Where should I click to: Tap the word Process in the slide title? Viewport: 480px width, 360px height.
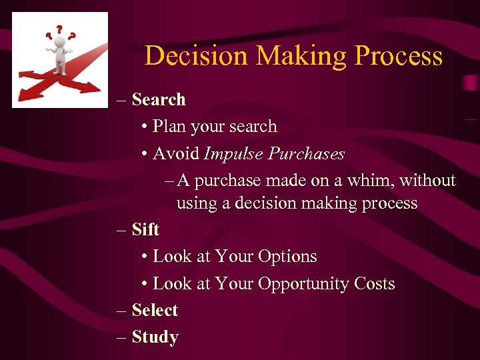(x=399, y=56)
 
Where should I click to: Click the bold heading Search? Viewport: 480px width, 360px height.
(x=159, y=99)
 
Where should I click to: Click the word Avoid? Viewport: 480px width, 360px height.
(x=176, y=154)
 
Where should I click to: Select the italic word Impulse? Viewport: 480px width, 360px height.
(x=233, y=154)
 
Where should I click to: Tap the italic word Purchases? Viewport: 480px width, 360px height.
(x=307, y=154)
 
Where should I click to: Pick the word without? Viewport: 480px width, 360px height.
(x=427, y=181)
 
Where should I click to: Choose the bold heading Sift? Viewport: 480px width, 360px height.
(x=145, y=229)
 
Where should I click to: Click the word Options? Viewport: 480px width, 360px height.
(x=287, y=257)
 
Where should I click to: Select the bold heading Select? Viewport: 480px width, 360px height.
(x=155, y=311)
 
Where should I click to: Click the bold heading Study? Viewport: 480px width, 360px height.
(x=155, y=337)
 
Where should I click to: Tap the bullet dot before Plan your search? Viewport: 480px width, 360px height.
(x=145, y=127)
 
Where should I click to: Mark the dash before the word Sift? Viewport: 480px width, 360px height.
(x=121, y=230)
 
